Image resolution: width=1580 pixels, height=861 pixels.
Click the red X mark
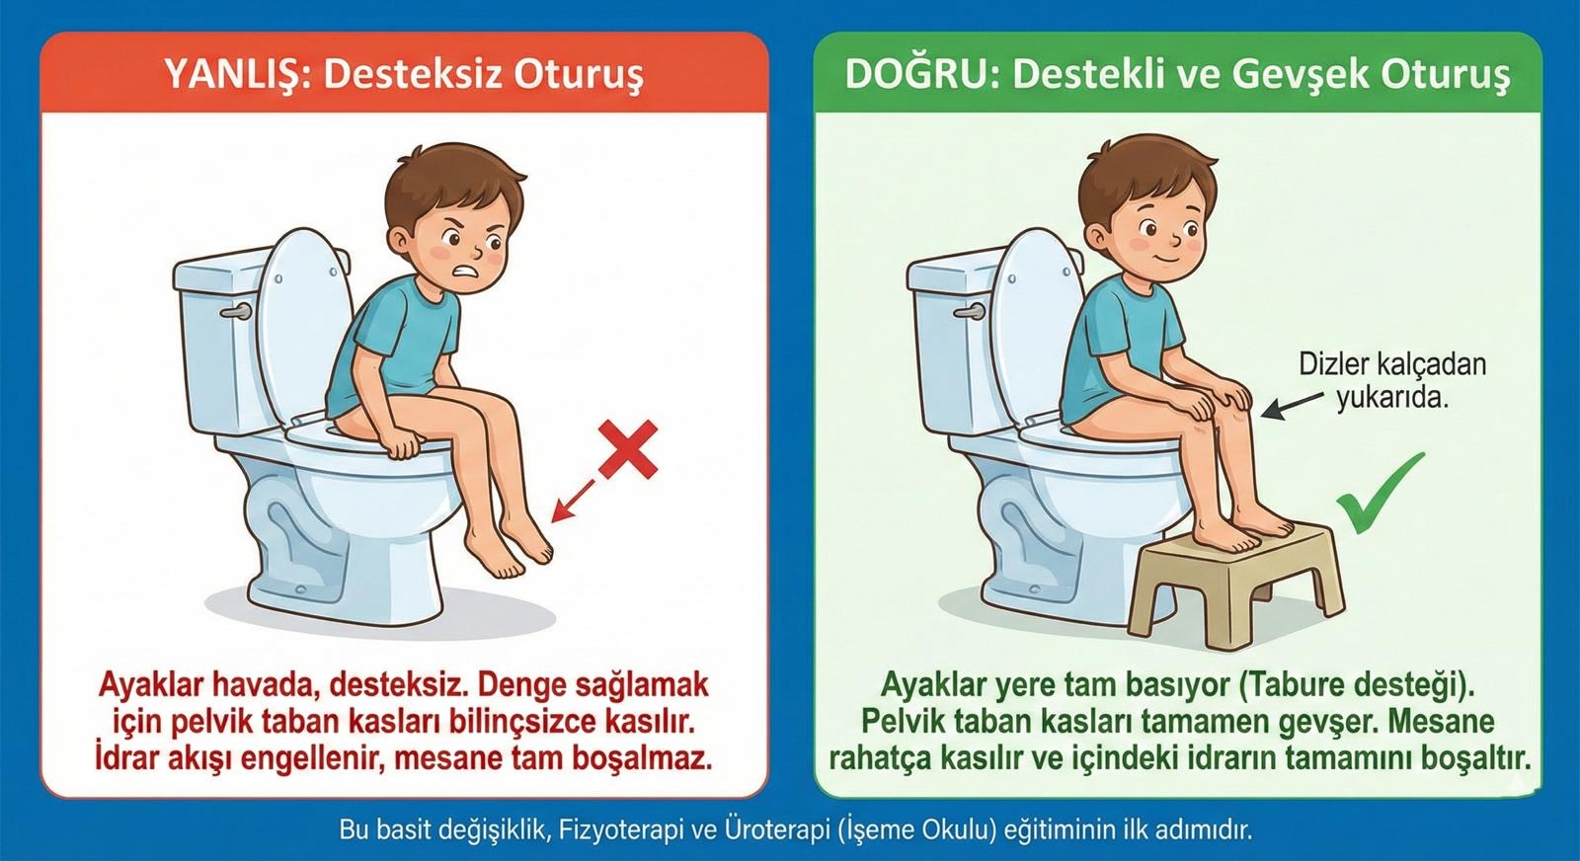[628, 449]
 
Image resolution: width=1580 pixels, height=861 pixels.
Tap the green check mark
[1381, 493]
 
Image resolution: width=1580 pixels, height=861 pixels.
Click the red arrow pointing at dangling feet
[573, 501]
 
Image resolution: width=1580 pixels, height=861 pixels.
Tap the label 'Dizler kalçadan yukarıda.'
[1391, 380]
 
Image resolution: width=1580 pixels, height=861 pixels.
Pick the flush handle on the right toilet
[969, 312]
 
